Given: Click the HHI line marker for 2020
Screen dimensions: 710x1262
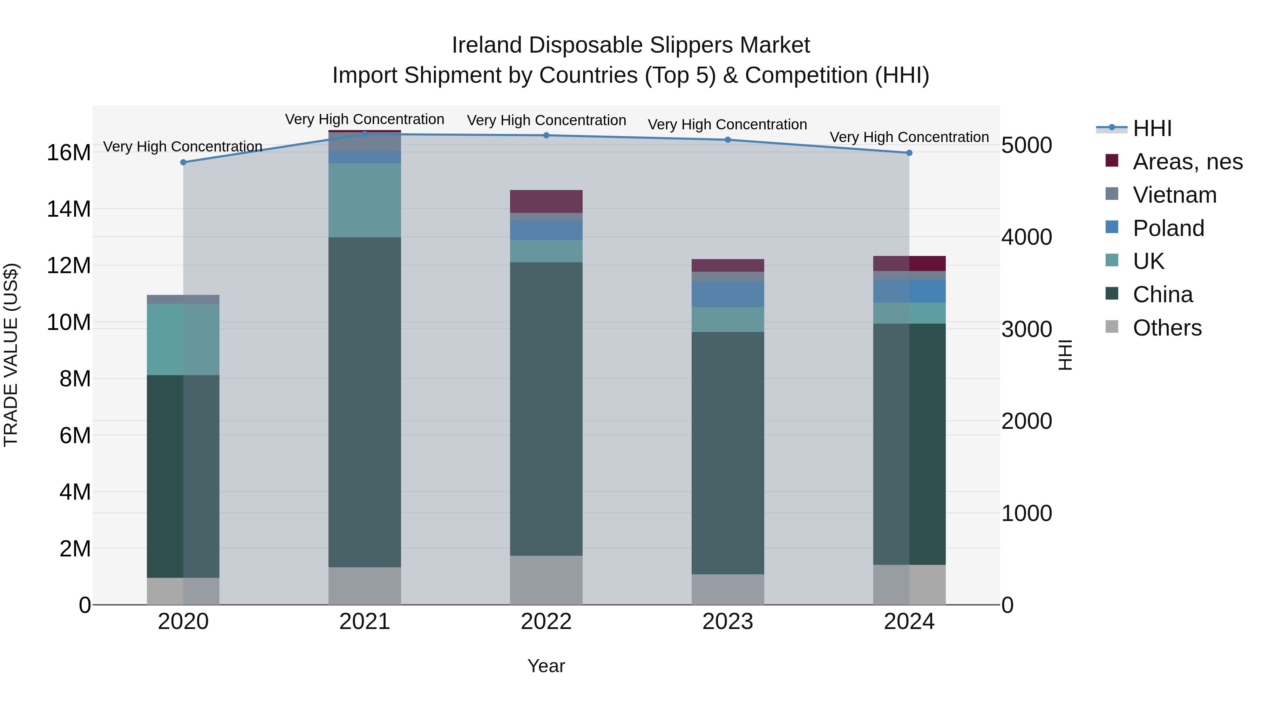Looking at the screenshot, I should (x=183, y=162).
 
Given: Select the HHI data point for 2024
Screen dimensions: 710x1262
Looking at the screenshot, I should (x=909, y=153).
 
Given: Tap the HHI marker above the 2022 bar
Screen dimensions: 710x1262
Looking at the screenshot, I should (x=546, y=135).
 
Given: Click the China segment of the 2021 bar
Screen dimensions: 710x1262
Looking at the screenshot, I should (x=365, y=402).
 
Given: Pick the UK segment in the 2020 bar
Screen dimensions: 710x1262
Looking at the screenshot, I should (x=183, y=339).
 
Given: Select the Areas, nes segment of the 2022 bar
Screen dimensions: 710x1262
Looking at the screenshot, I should (x=546, y=201).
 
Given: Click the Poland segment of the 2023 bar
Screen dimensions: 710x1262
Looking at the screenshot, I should (x=727, y=294).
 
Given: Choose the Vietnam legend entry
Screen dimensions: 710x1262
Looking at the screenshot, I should (x=1174, y=195).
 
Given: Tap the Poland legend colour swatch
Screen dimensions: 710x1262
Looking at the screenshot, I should (x=1112, y=227).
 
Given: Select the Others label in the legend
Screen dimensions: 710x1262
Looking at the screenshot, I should (x=1167, y=328).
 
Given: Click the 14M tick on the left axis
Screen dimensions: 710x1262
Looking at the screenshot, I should (x=69, y=209).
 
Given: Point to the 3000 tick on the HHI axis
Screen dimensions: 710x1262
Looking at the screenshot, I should (x=1026, y=329).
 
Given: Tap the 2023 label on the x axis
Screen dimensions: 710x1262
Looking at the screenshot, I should (x=727, y=622).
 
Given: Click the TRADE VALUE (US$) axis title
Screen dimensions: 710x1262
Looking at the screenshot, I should (x=11, y=355).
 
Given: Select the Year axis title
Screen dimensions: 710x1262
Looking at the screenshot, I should (x=546, y=666).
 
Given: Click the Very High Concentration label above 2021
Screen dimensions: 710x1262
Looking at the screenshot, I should (x=365, y=119).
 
